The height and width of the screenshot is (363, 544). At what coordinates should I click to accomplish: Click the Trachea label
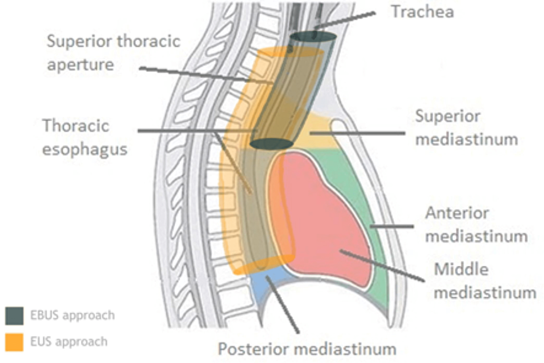[x=423, y=12]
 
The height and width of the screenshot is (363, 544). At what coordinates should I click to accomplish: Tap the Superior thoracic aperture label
[x=113, y=52]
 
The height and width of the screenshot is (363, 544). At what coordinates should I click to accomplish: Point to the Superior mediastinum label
[x=466, y=127]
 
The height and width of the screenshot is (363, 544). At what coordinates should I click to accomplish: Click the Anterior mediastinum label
[x=476, y=224]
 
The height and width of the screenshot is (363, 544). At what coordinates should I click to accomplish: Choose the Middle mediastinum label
[x=485, y=280]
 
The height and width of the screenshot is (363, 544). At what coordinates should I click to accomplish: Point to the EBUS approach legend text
[x=73, y=316]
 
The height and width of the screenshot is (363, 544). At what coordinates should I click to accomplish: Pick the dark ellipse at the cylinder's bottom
[x=271, y=144]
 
